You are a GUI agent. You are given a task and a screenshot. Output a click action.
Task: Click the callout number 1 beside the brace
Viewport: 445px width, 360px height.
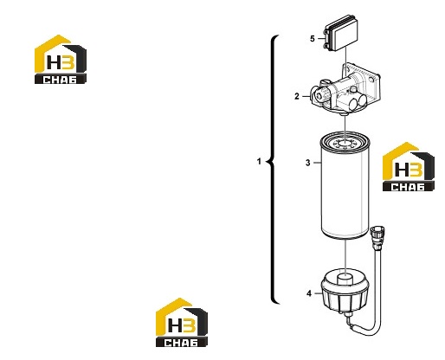(x=259, y=162)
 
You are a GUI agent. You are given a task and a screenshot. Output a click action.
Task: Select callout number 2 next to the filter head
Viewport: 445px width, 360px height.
(x=297, y=96)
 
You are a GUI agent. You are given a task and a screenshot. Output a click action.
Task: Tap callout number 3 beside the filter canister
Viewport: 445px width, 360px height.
(x=308, y=163)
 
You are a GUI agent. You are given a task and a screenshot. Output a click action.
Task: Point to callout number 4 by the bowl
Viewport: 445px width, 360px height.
(x=309, y=293)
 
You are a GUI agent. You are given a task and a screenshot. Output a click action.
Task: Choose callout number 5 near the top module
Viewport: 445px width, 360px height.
(x=313, y=38)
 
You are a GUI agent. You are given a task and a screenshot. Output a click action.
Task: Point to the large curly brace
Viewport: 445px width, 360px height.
(x=272, y=170)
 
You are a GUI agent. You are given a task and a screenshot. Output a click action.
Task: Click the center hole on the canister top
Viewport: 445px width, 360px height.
(x=345, y=143)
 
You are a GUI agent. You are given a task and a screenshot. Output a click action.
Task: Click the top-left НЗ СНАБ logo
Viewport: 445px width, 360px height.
(x=61, y=60)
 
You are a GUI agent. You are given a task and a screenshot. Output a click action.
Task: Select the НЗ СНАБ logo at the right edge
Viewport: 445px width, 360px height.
(x=409, y=167)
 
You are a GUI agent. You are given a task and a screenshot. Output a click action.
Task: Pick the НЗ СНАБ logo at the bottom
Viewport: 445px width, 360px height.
(x=182, y=323)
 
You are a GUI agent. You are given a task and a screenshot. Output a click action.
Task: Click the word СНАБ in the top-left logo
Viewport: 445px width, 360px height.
(x=61, y=80)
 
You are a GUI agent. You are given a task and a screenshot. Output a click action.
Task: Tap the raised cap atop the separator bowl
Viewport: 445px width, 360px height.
(x=345, y=278)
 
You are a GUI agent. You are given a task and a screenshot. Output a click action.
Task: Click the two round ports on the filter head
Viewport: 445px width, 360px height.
(x=358, y=103)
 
